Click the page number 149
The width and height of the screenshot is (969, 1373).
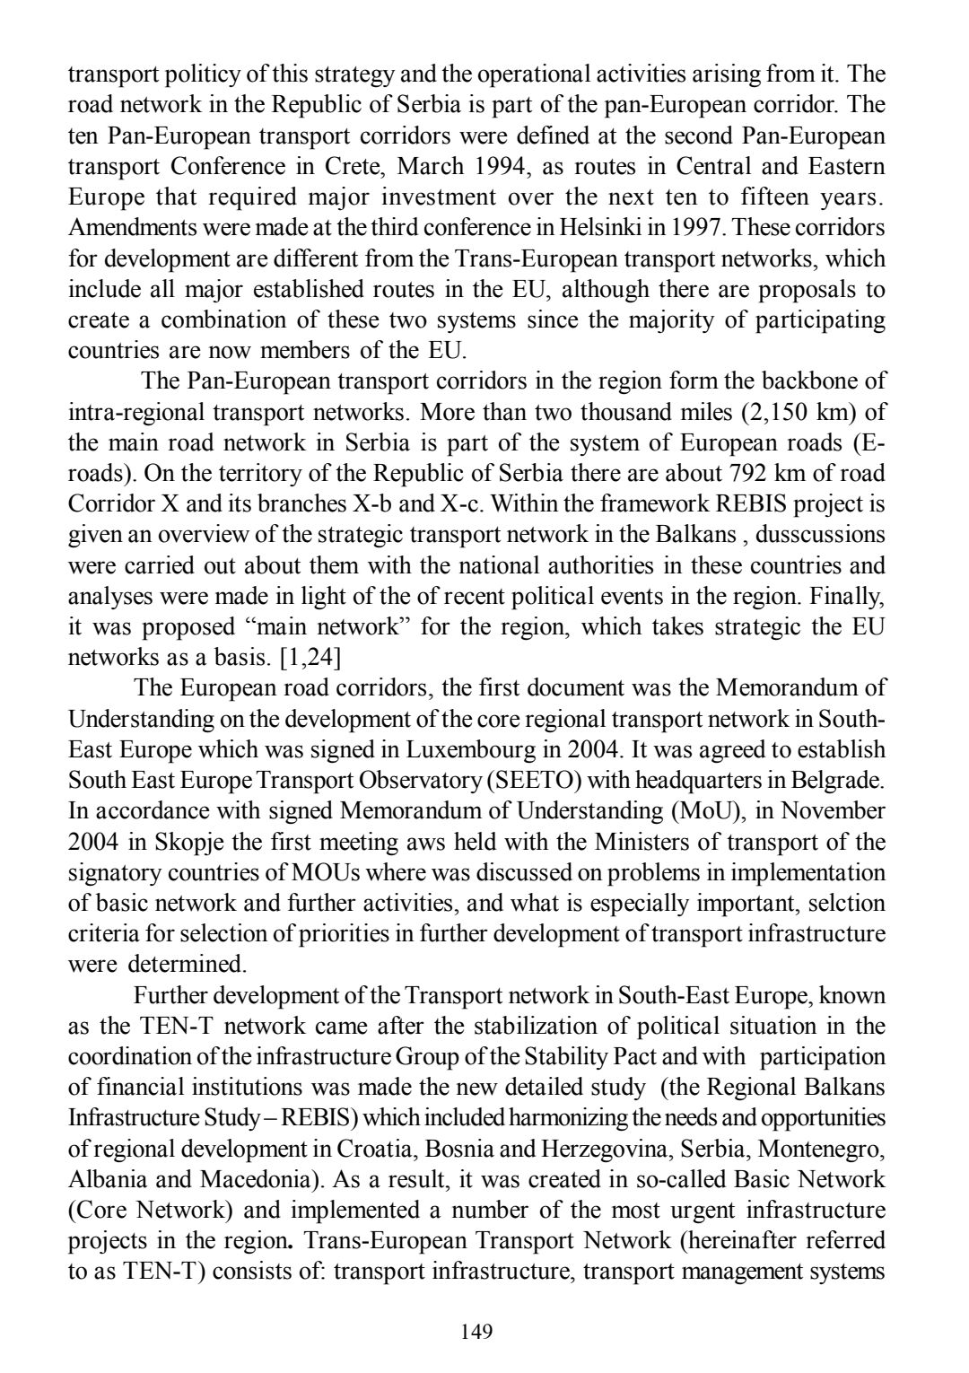tap(476, 1331)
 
